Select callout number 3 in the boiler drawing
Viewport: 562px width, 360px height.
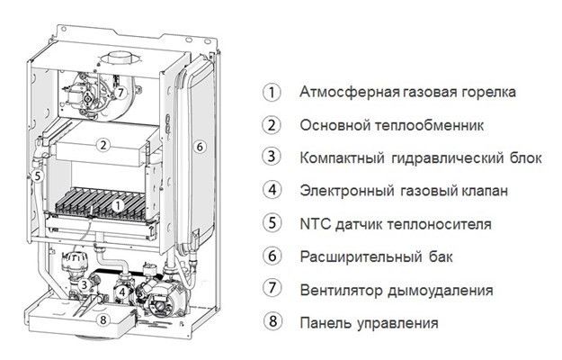[x=84, y=285]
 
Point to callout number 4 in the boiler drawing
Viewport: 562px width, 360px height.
[x=120, y=291]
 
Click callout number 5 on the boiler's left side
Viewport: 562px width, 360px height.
[x=36, y=177]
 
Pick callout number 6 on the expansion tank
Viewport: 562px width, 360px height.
[x=200, y=146]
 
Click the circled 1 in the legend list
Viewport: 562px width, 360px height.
[x=268, y=92]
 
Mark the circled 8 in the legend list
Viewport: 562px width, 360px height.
[x=268, y=322]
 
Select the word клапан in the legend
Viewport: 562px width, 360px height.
[x=483, y=191]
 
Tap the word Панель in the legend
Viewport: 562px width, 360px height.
[x=321, y=322]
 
